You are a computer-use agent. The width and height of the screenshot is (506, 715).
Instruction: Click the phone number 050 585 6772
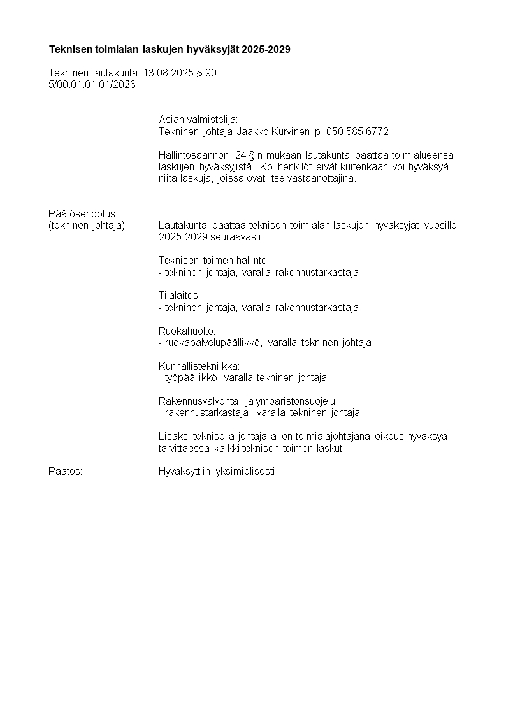[x=357, y=132]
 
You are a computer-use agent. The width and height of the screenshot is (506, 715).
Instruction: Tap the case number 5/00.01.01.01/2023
[x=92, y=84]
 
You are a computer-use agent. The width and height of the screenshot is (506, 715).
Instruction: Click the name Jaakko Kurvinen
[x=273, y=132]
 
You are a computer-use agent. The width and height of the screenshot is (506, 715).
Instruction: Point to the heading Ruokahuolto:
[x=187, y=331]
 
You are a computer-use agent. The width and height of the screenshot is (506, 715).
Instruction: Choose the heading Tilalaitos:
[x=179, y=296]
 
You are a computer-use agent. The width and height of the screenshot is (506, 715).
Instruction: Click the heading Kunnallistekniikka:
[x=199, y=366]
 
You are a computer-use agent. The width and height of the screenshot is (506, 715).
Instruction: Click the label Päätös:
[x=65, y=472]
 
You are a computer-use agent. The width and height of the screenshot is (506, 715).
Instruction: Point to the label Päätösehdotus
[x=82, y=213]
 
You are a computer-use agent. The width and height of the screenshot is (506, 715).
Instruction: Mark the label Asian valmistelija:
[x=198, y=120]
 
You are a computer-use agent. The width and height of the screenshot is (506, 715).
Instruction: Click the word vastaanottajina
[x=322, y=178]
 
